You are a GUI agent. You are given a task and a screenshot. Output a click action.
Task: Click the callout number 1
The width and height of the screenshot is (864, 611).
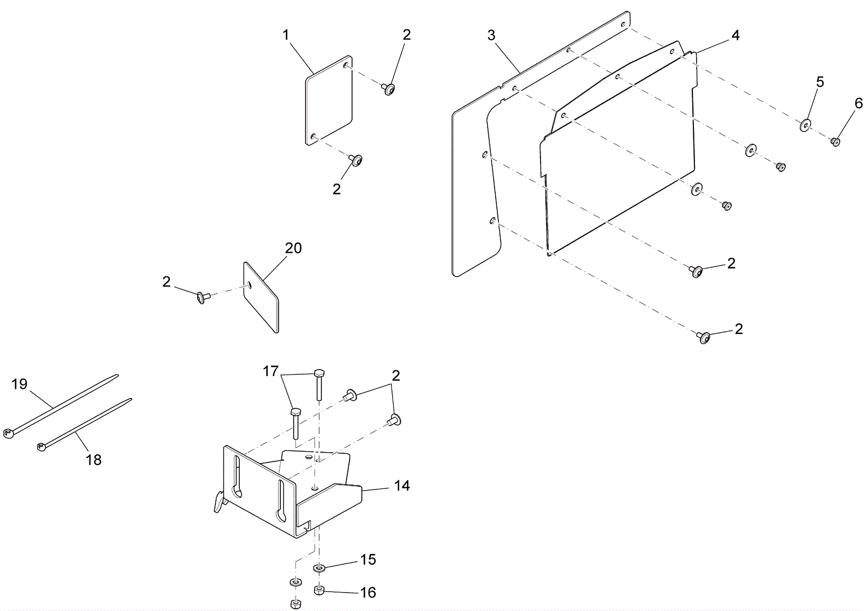pyautogui.click(x=286, y=35)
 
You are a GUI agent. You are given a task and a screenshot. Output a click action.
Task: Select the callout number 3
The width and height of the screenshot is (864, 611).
pyautogui.click(x=491, y=36)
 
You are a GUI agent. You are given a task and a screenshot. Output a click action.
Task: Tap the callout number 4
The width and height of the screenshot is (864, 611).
pyautogui.click(x=735, y=36)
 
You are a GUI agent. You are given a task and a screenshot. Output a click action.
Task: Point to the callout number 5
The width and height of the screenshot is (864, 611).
pyautogui.click(x=820, y=82)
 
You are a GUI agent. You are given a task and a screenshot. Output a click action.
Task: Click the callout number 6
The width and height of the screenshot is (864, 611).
pyautogui.click(x=859, y=103)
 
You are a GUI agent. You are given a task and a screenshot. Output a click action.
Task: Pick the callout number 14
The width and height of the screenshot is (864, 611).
pyautogui.click(x=402, y=486)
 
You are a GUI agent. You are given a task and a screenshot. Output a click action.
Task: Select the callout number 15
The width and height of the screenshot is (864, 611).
pyautogui.click(x=368, y=560)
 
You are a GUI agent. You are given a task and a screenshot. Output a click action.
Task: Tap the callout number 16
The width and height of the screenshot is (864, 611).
pyautogui.click(x=368, y=593)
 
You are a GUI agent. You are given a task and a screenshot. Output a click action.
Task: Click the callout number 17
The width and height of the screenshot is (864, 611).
pyautogui.click(x=271, y=372)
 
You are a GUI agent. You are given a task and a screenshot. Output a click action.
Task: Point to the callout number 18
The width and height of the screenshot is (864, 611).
pyautogui.click(x=93, y=460)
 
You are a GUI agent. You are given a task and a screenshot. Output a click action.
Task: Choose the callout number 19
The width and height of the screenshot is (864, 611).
pyautogui.click(x=19, y=384)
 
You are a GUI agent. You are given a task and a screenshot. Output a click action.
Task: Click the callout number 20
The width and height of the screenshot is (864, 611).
pyautogui.click(x=293, y=249)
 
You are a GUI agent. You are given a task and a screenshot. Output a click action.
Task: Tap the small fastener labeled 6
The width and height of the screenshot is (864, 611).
pyautogui.click(x=835, y=142)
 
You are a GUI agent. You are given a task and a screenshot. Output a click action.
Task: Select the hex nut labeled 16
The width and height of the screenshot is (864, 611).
pyautogui.click(x=319, y=590)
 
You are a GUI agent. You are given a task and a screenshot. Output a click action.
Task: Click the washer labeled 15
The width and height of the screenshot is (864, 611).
pyautogui.click(x=319, y=568)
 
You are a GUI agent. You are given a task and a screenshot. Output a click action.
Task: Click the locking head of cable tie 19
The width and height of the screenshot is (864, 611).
pyautogui.click(x=8, y=433)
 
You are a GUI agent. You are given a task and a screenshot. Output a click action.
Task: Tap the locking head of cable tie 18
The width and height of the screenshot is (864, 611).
pyautogui.click(x=40, y=447)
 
